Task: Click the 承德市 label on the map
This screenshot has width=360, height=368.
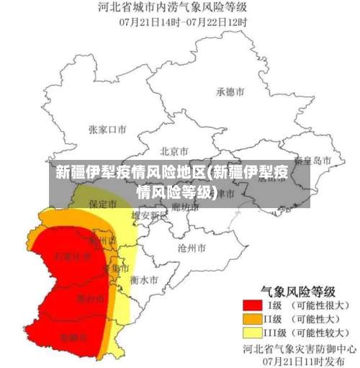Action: pos(230,92)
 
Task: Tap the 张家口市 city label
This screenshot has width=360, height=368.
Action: pos(107,130)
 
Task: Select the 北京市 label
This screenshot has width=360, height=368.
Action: pos(174,151)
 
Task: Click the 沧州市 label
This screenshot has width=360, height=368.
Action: pos(192,247)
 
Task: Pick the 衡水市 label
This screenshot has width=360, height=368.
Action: pos(144,279)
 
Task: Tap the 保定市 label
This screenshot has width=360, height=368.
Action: pos(102,205)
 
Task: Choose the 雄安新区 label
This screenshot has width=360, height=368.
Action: pos(149,215)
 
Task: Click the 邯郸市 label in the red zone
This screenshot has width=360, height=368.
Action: pos(74,336)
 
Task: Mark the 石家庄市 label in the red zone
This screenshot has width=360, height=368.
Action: pos(72,256)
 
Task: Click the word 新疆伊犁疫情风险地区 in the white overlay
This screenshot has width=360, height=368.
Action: pos(130,174)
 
